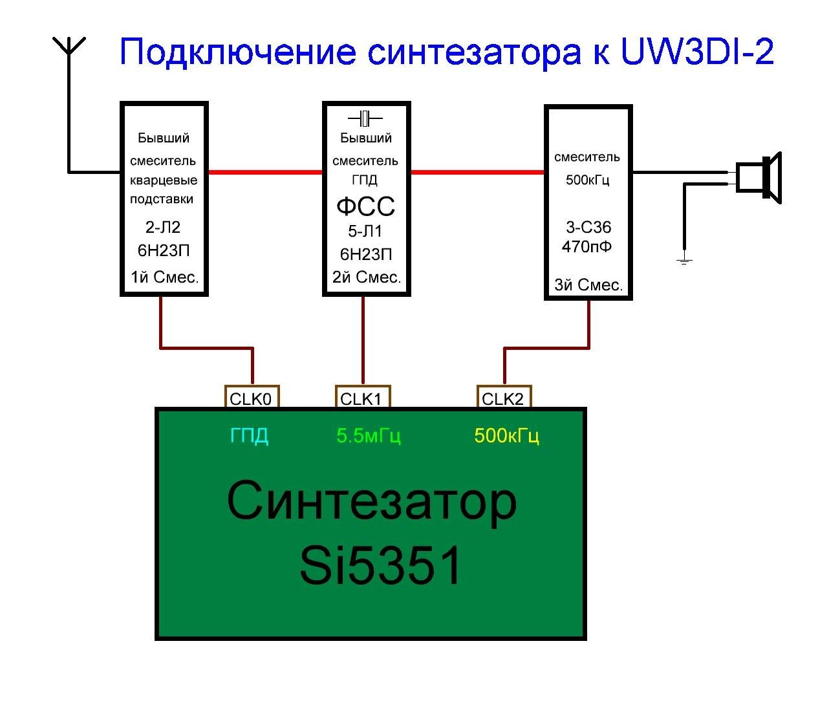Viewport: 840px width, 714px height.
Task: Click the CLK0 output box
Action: pos(252,396)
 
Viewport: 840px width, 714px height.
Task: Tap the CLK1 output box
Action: pos(363,396)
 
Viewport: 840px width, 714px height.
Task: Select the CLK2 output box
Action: pos(504,396)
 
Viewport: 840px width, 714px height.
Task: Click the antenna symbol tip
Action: pos(69,38)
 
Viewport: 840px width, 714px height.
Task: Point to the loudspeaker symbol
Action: pos(759,178)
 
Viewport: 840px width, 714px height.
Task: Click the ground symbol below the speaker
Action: pos(684,261)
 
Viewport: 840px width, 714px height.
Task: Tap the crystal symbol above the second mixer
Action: pos(365,118)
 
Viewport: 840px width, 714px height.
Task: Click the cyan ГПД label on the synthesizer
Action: pos(249,436)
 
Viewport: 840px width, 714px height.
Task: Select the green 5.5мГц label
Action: pos(369,436)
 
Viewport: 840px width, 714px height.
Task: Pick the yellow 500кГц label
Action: pos(507,436)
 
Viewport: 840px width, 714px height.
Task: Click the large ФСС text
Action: pos(366,206)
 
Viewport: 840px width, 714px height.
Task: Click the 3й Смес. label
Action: pos(588,285)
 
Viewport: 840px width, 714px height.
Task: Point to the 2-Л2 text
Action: pos(163,227)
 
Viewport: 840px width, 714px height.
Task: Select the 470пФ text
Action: pos(587,246)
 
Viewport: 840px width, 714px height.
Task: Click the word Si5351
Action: pos(380,565)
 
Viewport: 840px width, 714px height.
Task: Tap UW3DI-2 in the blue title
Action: pos(697,52)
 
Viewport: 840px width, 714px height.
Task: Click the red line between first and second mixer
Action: pos(265,172)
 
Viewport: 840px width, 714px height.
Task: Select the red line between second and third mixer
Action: pos(477,172)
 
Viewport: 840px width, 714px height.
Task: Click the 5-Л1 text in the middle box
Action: pos(365,232)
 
